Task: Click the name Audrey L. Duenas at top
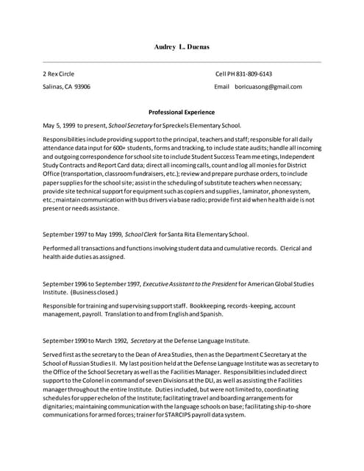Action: point(182,47)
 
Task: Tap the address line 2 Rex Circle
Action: point(59,74)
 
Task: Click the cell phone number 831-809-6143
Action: point(254,74)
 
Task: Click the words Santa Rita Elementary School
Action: point(208,235)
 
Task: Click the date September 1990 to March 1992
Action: point(85,340)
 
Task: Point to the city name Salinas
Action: point(52,87)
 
